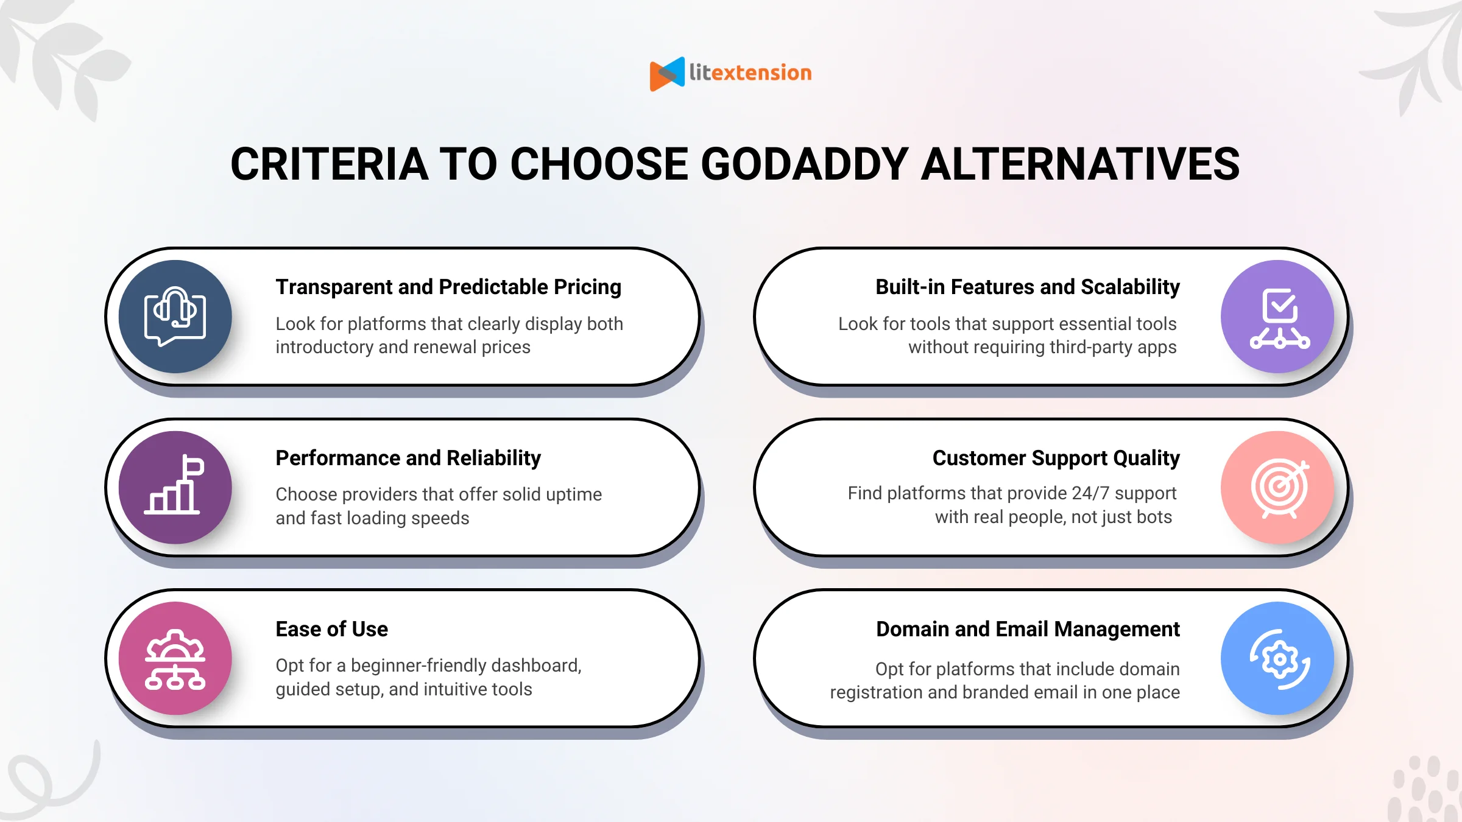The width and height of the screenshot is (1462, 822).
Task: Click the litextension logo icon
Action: coord(667,74)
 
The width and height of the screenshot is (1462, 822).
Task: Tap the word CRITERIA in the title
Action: coord(329,164)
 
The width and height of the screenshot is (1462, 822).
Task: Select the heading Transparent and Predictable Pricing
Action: coord(448,287)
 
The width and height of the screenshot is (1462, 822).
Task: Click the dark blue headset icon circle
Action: coord(175,317)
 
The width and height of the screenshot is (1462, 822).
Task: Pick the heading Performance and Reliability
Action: coord(408,458)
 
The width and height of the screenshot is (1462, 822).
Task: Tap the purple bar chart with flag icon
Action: coord(175,487)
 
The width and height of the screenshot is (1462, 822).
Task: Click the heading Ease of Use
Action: coord(331,629)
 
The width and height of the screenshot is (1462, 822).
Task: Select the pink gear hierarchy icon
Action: coord(175,659)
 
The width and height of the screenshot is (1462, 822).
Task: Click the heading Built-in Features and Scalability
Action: coord(1027,287)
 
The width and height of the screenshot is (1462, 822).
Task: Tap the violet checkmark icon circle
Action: coord(1278,317)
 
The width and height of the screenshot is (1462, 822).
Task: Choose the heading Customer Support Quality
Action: coord(1056,458)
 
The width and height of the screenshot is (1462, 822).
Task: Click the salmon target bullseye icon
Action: coord(1278,487)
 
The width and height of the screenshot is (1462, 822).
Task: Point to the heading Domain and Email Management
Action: coord(1028,629)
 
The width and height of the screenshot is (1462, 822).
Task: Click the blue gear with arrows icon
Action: coord(1278,659)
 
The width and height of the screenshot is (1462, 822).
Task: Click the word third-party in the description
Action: coord(1083,347)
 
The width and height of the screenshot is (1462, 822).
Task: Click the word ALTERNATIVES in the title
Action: coord(1079,164)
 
